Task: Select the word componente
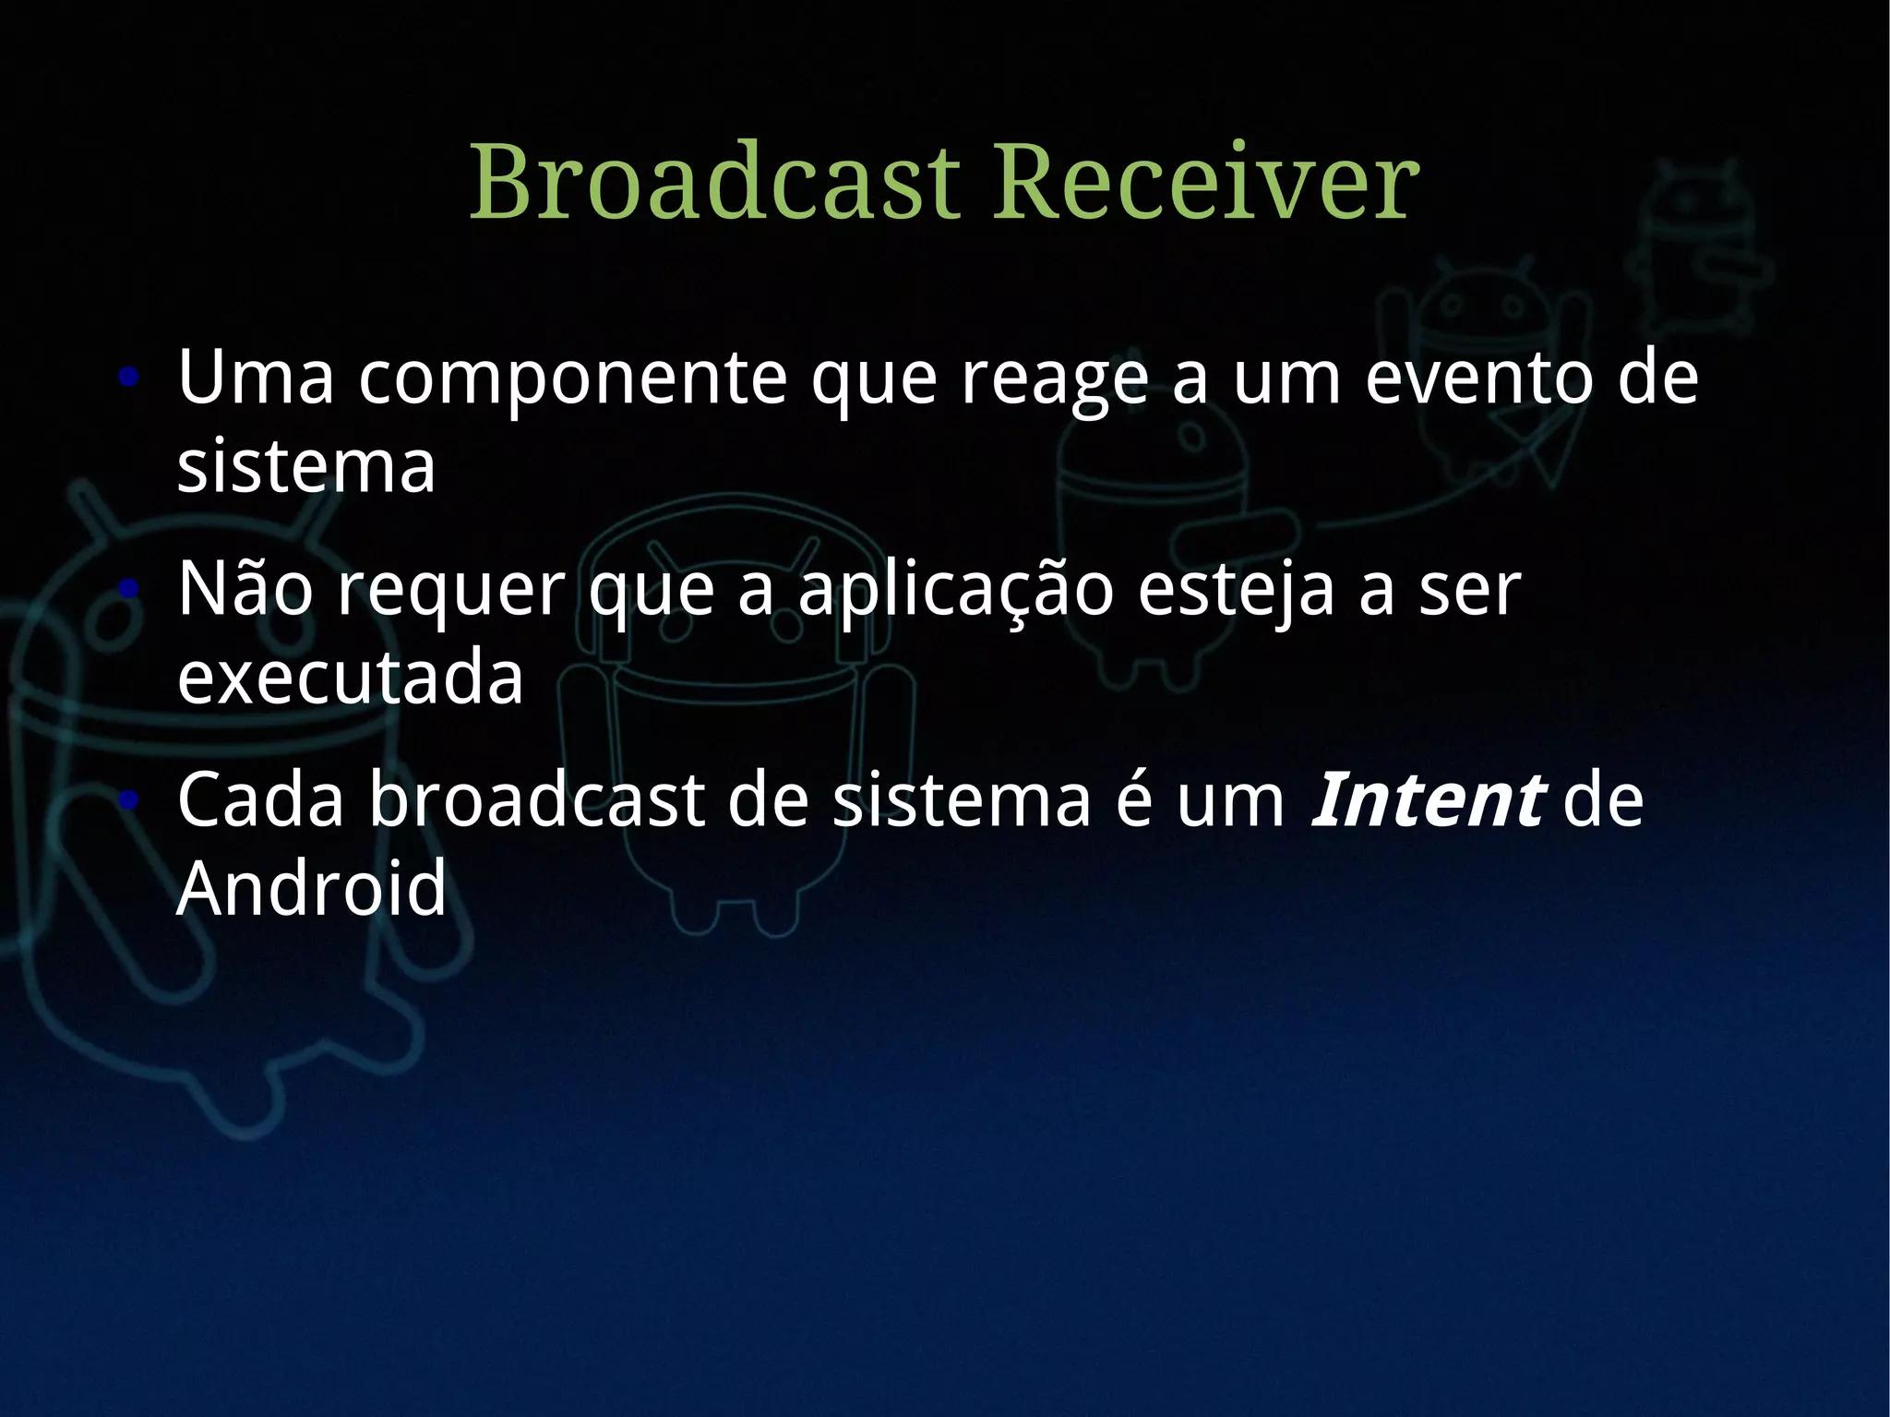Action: [572, 378]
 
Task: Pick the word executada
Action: [350, 678]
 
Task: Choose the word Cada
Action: [260, 799]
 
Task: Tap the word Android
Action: [311, 888]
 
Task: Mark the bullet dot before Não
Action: [129, 588]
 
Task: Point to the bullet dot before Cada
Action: [129, 799]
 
